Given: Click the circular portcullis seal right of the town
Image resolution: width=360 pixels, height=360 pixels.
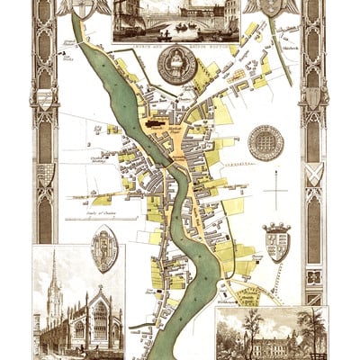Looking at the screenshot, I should tap(265, 142).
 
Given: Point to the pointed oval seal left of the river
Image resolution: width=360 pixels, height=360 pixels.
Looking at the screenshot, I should tap(105, 249).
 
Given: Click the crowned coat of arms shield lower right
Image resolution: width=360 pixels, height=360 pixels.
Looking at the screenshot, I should tap(275, 240).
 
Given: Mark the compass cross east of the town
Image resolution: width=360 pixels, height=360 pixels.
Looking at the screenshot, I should tap(275, 193).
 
